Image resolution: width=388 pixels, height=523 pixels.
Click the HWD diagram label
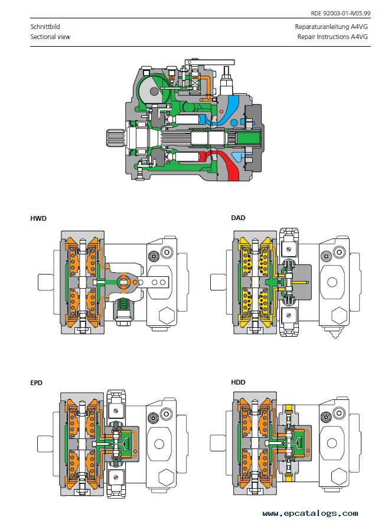coord(38,218)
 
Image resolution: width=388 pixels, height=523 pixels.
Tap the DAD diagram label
coord(238,218)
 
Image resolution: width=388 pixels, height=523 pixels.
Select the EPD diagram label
coord(36,383)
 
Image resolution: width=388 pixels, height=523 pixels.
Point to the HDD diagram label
coord(238,382)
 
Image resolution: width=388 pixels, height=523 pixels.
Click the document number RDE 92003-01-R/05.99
coord(340,14)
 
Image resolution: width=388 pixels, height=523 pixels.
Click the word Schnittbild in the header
coord(45,27)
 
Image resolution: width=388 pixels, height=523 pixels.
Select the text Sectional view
coord(50,37)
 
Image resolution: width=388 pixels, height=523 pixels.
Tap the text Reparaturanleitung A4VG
coord(331,27)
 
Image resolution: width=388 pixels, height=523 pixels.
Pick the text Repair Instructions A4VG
coord(332,37)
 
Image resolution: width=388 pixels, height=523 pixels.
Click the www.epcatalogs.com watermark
coord(310,514)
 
